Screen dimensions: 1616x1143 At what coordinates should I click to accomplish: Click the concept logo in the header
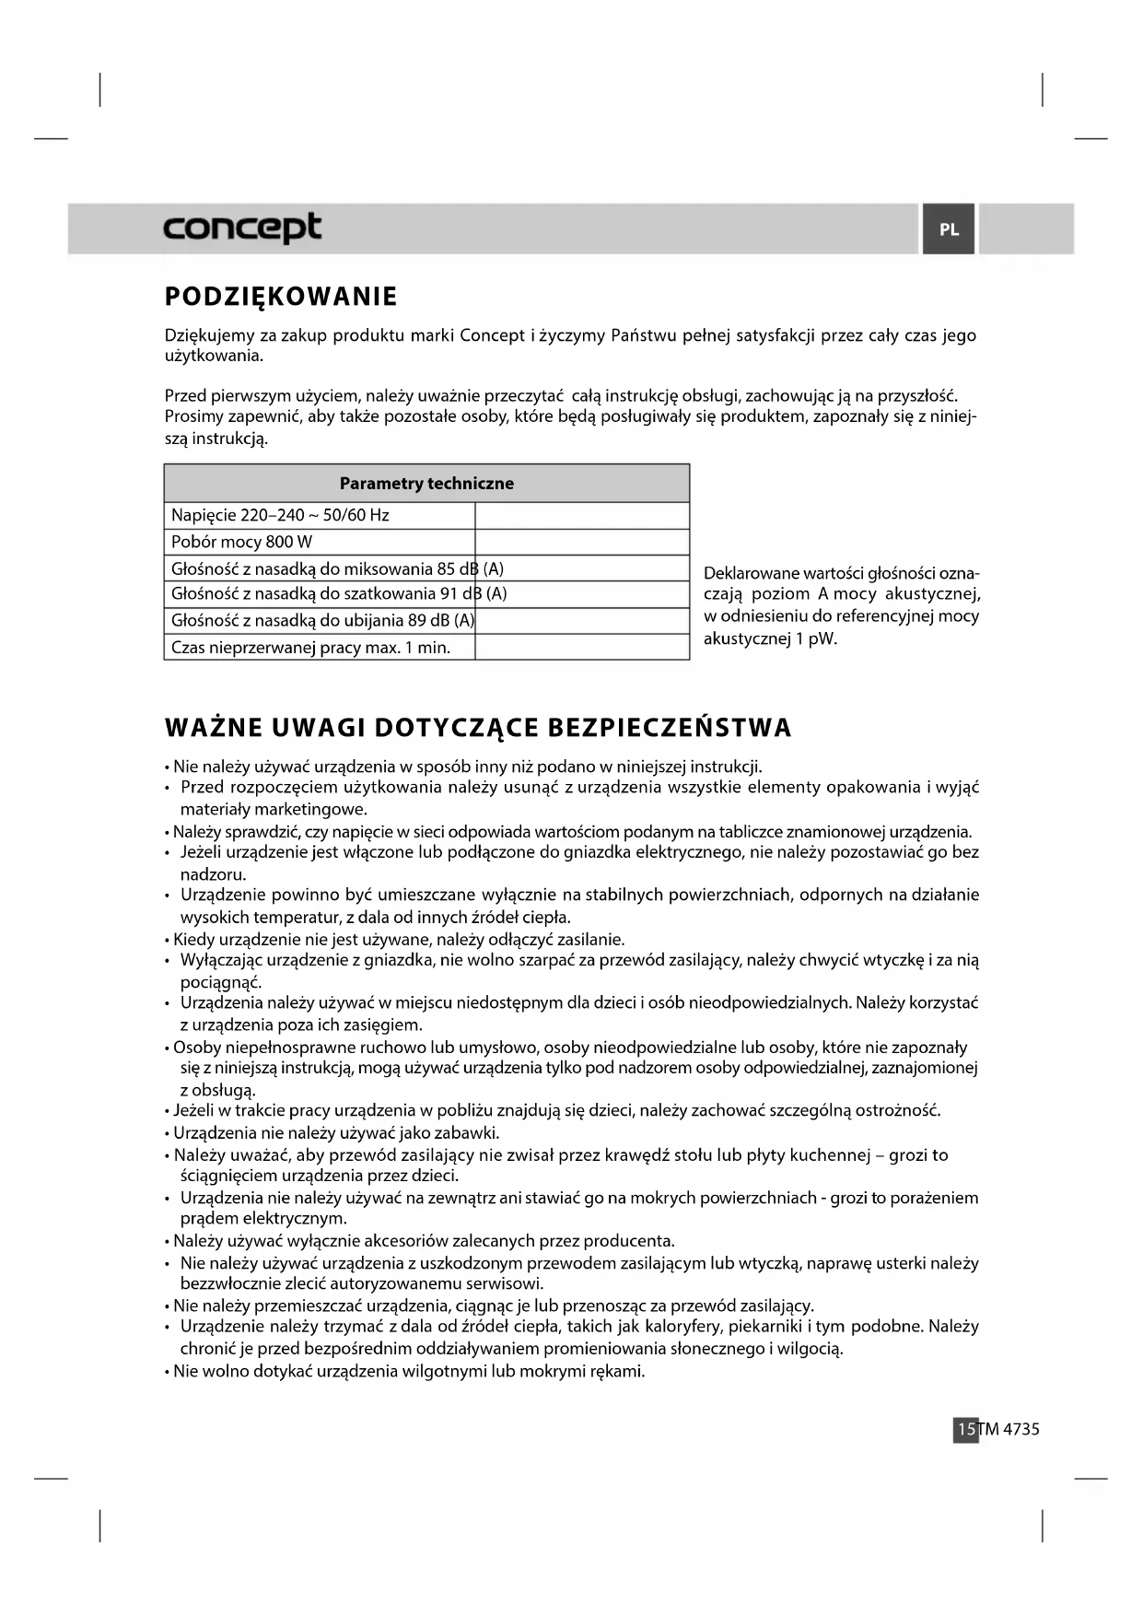[x=242, y=228]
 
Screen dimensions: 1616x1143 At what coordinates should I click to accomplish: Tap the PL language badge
[x=949, y=229]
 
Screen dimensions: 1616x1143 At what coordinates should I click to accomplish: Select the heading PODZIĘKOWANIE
[x=281, y=297]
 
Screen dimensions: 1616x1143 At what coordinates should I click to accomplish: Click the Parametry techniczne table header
[x=426, y=484]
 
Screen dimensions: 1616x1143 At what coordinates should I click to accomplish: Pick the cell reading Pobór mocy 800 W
[x=241, y=542]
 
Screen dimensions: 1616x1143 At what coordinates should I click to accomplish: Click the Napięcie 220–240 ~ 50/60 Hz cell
[x=280, y=515]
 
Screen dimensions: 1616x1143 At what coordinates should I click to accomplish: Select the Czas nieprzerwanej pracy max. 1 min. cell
[x=310, y=648]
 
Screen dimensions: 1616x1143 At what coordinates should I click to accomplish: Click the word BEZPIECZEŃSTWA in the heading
[x=670, y=728]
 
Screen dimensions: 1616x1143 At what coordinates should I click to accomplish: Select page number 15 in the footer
[x=965, y=1429]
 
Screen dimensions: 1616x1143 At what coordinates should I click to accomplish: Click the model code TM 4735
[x=1009, y=1429]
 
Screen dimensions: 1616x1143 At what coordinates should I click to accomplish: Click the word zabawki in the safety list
[x=472, y=1133]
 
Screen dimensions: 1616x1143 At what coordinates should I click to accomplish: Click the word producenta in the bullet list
[x=632, y=1241]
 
